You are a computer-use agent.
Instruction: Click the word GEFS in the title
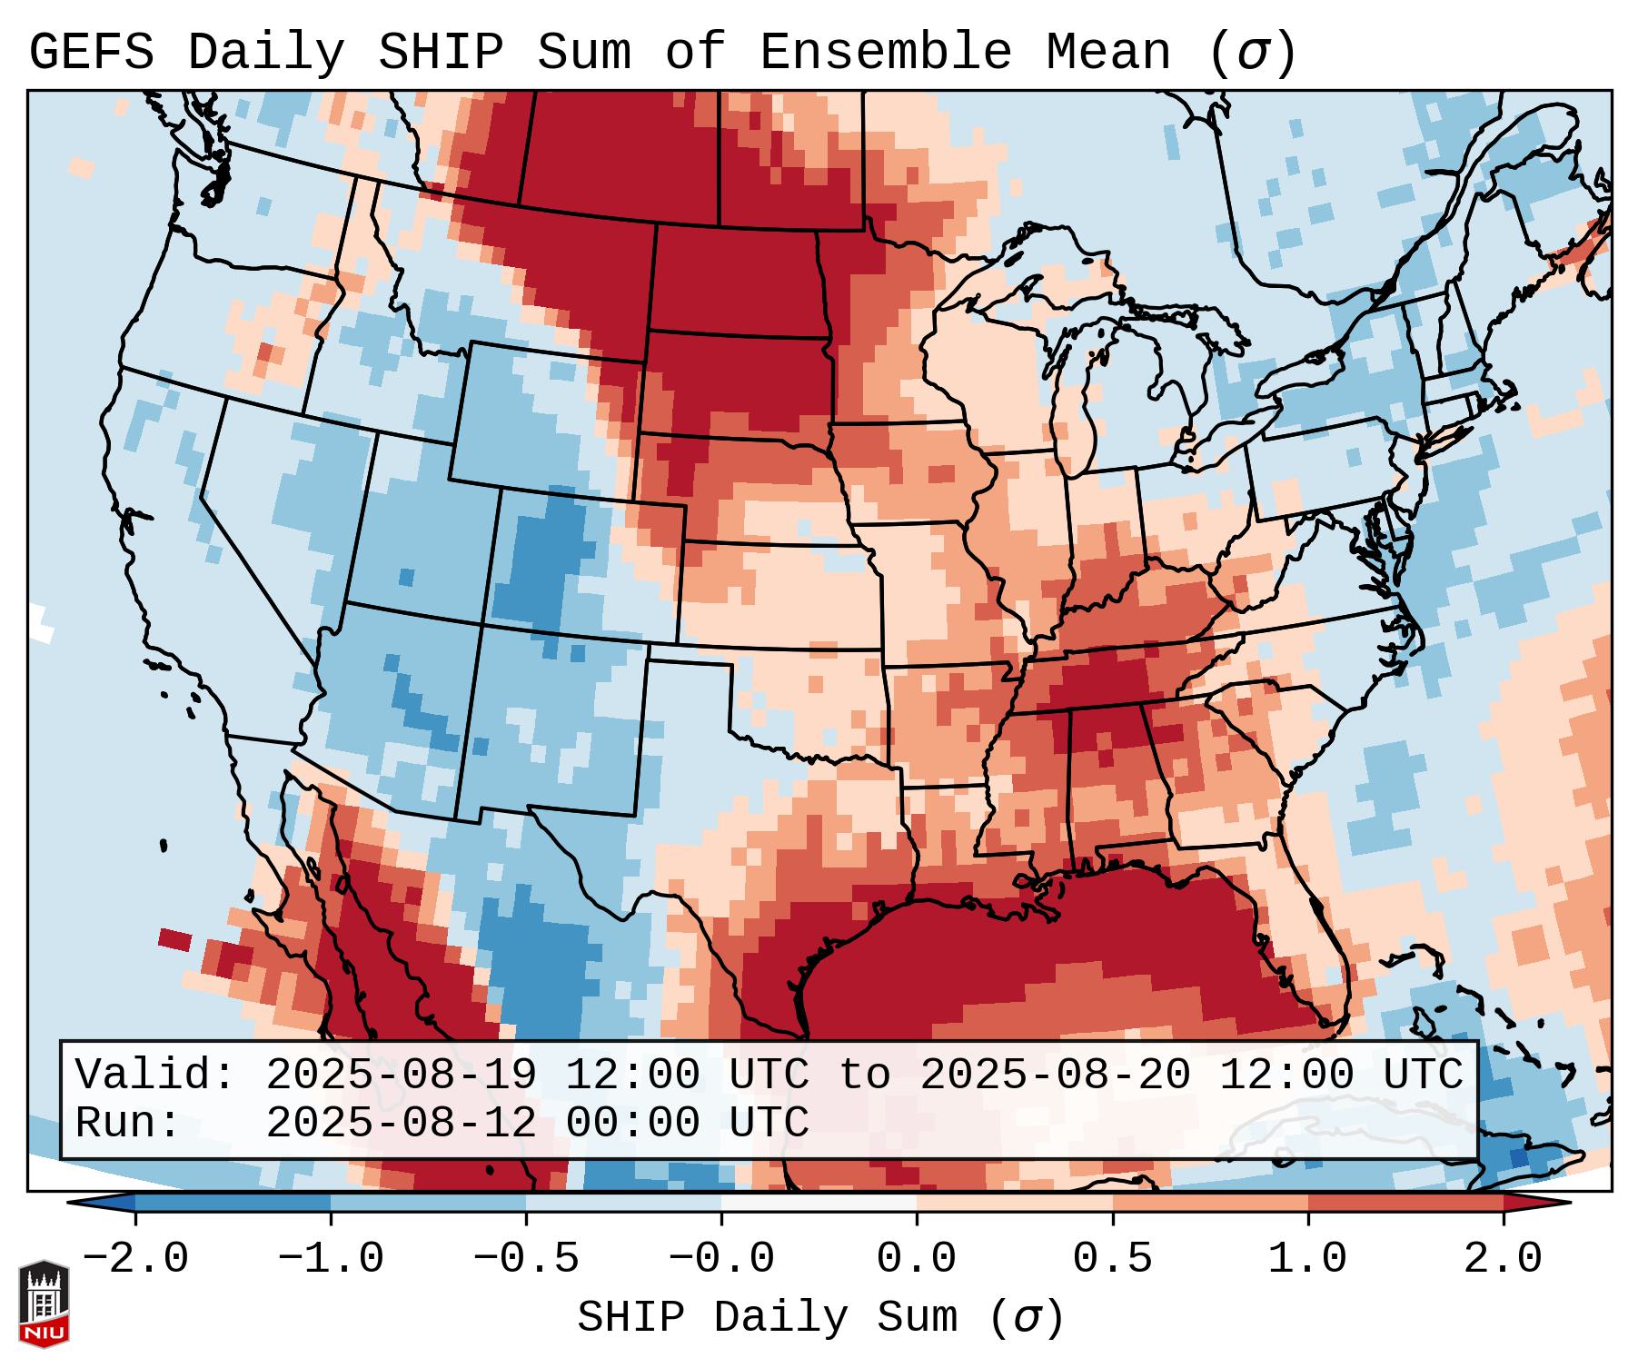click(x=92, y=53)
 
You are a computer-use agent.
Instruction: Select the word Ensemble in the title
click(x=885, y=53)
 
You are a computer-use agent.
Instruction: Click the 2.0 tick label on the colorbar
click(x=1504, y=1259)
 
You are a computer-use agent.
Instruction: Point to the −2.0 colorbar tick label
click(x=135, y=1259)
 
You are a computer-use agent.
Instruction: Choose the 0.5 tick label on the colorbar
click(x=1112, y=1259)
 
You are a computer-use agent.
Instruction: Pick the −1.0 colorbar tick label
click(x=331, y=1259)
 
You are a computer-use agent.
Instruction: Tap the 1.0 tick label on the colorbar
click(x=1308, y=1259)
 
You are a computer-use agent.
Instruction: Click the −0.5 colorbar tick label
click(x=526, y=1259)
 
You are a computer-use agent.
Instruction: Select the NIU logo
click(x=44, y=1304)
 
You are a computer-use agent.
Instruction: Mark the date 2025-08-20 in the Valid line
click(x=1055, y=1075)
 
